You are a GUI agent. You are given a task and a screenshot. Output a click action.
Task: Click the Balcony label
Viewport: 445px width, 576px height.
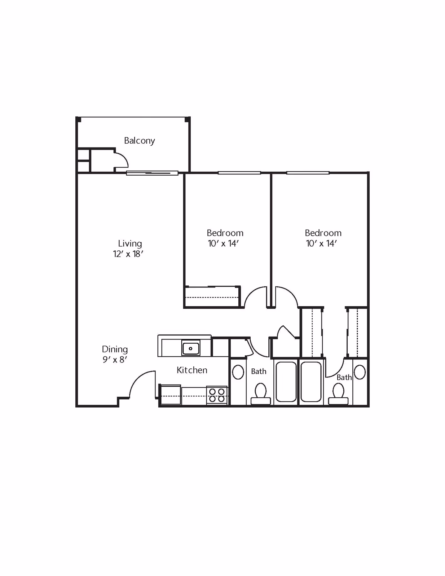click(139, 141)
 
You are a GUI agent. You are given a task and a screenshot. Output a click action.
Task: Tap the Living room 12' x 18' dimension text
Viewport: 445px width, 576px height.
click(128, 254)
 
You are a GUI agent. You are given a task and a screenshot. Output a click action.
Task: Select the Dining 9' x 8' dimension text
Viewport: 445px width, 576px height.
click(115, 360)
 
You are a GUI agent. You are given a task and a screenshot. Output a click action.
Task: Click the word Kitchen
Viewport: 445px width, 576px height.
click(192, 370)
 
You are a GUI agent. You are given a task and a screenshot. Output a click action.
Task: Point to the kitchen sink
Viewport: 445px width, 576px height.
click(191, 348)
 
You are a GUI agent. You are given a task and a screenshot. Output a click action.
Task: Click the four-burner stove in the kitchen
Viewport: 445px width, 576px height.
click(217, 395)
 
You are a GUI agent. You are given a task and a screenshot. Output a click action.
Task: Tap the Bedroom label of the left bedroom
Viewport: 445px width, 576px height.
click(225, 233)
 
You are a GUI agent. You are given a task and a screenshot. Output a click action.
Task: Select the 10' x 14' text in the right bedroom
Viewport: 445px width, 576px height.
click(321, 243)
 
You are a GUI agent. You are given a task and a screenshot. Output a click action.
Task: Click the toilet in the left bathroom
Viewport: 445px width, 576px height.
click(261, 393)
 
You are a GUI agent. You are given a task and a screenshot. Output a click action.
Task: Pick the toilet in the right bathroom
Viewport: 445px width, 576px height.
click(338, 393)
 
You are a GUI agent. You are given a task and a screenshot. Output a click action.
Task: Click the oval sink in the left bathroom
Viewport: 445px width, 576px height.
click(238, 372)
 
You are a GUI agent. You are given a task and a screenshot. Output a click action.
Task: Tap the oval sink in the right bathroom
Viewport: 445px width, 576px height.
click(360, 372)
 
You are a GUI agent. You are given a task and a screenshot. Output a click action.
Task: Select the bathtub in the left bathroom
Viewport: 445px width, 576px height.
click(286, 381)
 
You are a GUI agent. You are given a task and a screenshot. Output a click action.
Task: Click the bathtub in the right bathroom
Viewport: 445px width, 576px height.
click(311, 381)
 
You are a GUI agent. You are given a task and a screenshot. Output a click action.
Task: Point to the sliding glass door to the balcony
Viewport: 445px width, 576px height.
click(152, 173)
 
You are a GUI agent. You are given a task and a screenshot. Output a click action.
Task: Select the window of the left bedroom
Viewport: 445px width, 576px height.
click(239, 173)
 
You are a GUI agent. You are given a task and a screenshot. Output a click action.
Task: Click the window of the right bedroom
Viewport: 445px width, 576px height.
click(308, 173)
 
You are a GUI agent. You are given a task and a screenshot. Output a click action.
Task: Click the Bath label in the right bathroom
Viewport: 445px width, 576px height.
click(344, 378)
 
